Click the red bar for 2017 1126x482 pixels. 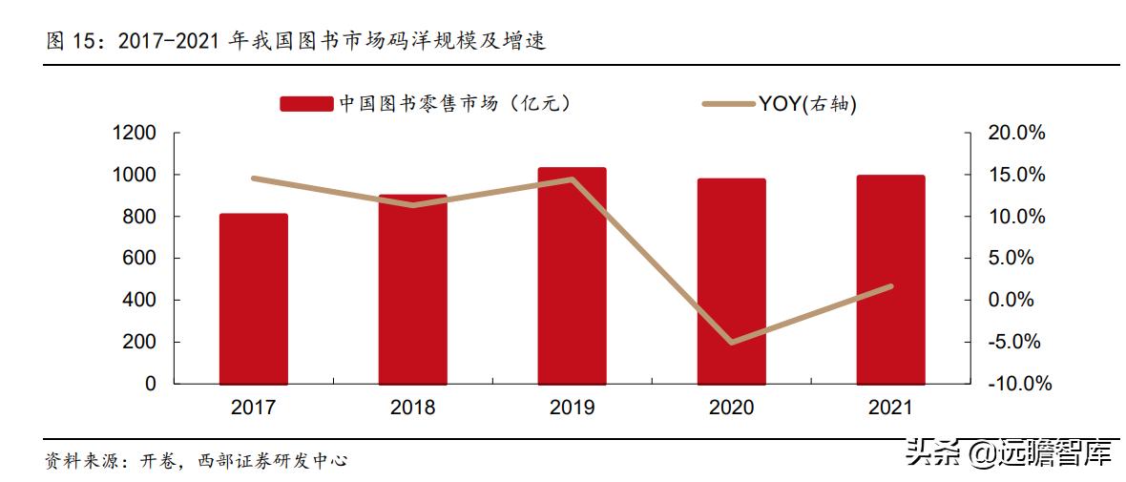(253, 299)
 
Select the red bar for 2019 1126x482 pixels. (572, 276)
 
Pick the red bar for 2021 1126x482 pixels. (890, 280)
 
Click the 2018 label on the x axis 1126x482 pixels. (412, 408)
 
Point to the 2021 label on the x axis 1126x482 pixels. (890, 408)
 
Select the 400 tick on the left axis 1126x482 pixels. (139, 300)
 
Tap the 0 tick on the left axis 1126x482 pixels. (151, 384)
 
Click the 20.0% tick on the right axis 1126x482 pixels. (1016, 134)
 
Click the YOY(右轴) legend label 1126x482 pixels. (807, 104)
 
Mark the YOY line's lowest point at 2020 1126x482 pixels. (731, 342)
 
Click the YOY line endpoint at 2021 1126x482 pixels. (890, 286)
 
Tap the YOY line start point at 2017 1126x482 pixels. (253, 178)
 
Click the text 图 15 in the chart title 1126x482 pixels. (75, 41)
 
